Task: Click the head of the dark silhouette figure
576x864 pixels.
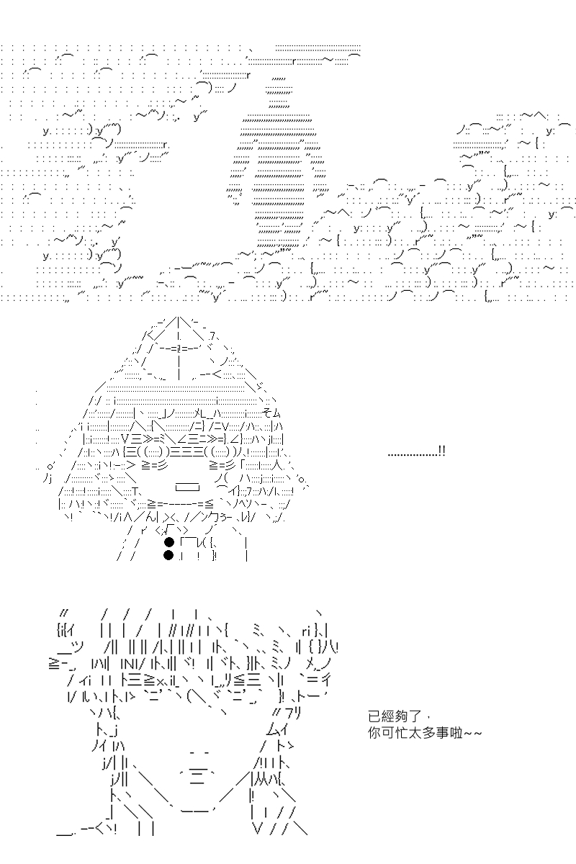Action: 279,92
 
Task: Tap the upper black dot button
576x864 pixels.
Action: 169,542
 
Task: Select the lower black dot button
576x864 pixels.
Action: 169,555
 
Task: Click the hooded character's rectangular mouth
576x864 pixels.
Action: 187,487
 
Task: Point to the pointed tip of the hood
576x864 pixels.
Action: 179,318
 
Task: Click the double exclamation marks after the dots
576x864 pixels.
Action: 442,451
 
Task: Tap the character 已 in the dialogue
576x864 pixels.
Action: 374,716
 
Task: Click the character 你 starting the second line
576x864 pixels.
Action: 374,732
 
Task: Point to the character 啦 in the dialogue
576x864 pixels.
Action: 456,732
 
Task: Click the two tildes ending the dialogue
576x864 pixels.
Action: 472,733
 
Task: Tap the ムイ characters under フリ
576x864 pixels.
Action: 276,729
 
